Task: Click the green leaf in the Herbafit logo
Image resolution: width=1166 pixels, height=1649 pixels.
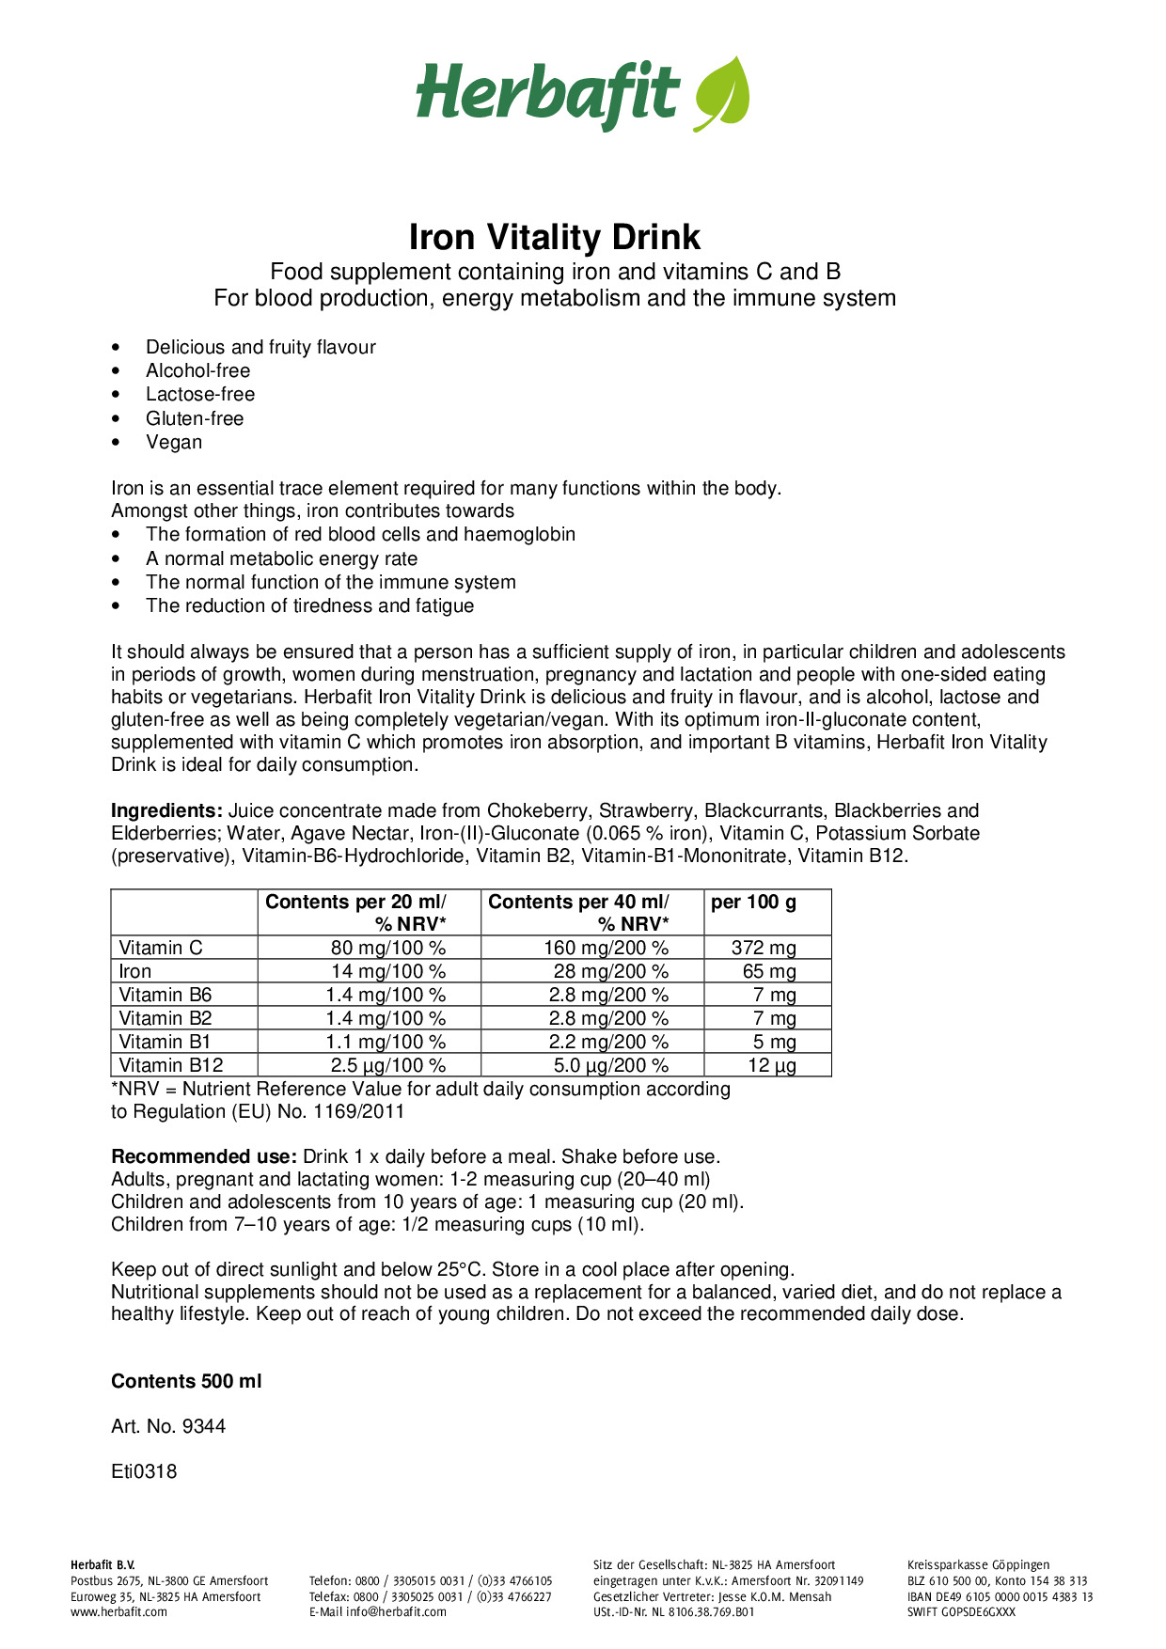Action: coord(722,93)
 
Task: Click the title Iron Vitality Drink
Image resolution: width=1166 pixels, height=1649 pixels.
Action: coord(554,237)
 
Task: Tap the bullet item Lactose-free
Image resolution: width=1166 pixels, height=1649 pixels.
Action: coord(199,394)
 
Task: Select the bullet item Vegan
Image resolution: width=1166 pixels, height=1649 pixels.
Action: coord(173,442)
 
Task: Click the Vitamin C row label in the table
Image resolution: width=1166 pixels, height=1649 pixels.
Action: coord(161,948)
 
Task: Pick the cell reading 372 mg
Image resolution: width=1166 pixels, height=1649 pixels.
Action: coord(764,948)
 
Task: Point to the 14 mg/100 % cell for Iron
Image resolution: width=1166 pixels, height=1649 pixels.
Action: coord(387,971)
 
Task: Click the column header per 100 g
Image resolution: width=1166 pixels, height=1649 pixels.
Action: coord(753,903)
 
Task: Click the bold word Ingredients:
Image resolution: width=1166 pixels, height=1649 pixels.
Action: coord(166,810)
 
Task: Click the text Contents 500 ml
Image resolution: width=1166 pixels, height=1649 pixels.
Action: coord(186,1381)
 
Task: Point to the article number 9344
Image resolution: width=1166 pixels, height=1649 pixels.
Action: coord(204,1426)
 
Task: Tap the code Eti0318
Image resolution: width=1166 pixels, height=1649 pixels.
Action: coord(144,1471)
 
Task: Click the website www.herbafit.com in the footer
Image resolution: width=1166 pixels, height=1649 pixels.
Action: coord(118,1611)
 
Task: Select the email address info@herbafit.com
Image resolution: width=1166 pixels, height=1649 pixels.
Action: coord(396,1611)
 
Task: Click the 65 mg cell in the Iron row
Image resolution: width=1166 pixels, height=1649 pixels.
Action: coord(768,971)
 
